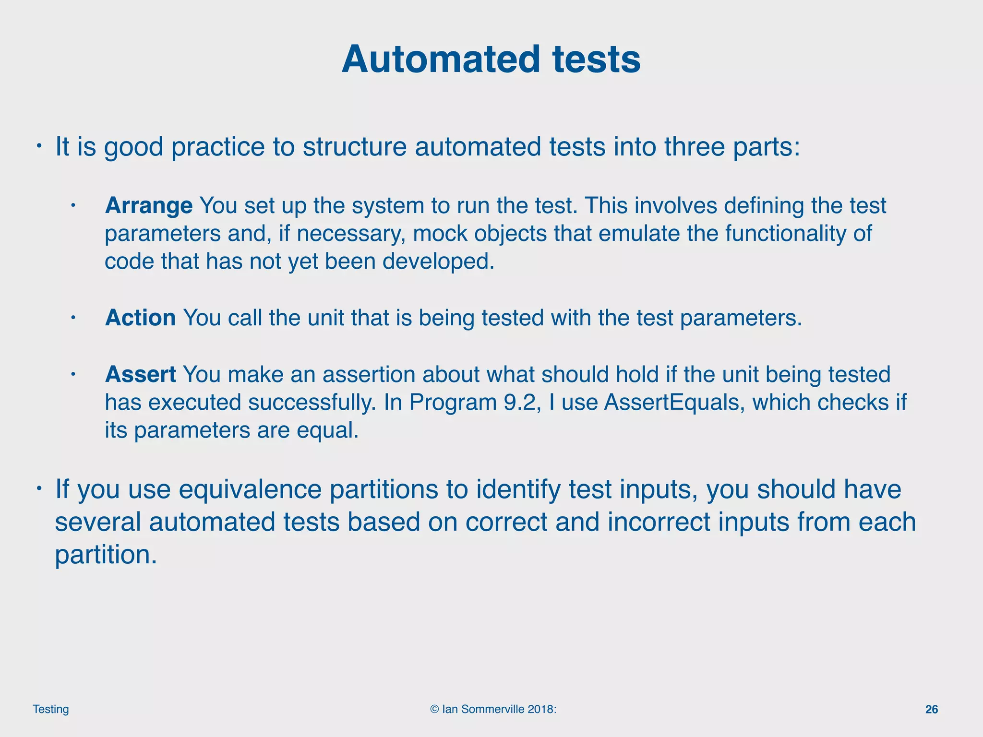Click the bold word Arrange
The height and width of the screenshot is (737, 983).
(149, 206)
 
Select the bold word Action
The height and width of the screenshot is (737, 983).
(140, 318)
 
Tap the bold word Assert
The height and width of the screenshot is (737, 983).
(140, 375)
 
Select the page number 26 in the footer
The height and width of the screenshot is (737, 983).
(931, 710)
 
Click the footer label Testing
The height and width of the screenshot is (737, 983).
(51, 709)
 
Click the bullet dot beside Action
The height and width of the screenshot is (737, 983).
(73, 317)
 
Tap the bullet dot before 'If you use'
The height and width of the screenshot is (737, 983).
(40, 488)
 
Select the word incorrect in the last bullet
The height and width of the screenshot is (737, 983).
(659, 523)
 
